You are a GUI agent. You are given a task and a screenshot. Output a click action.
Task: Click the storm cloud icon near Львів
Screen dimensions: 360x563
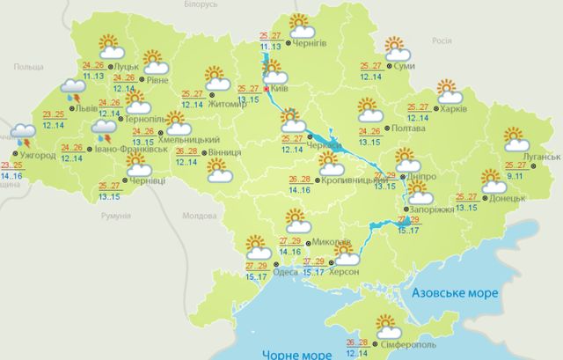(x=71, y=89)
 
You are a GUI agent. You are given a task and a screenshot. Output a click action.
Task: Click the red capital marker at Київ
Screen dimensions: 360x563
(x=267, y=89)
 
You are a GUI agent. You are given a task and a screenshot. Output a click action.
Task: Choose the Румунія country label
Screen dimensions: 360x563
(x=115, y=215)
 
